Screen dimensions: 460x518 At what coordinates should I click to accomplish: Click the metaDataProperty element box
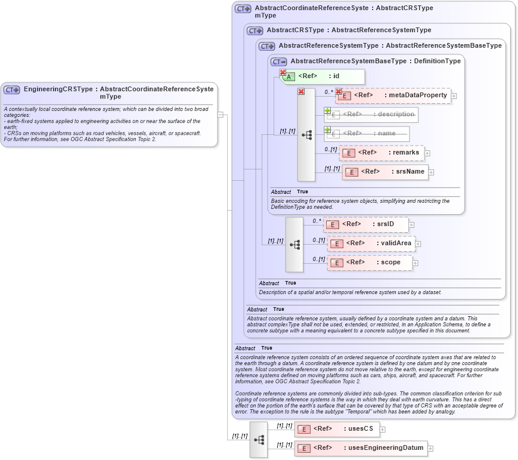point(393,95)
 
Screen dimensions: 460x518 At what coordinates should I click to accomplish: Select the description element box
point(371,115)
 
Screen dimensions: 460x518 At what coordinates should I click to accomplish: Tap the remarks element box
point(381,153)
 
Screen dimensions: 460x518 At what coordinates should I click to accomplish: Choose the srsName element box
point(385,172)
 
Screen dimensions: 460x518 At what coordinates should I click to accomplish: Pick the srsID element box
point(366,224)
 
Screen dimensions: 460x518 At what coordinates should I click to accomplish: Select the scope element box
point(370,263)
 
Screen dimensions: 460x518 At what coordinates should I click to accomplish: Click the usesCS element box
point(337,429)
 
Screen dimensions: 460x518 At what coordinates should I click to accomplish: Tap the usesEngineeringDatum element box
point(361,448)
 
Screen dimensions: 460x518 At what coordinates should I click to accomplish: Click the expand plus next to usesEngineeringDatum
point(430,449)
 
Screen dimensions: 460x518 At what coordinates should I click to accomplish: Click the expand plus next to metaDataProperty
point(454,95)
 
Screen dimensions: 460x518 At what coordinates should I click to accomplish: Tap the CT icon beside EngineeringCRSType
point(12,89)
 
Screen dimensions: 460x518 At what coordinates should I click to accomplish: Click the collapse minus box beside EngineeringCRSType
point(221,115)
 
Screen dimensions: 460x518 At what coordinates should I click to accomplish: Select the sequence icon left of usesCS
point(259,440)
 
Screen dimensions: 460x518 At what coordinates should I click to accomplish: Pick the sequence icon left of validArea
point(294,245)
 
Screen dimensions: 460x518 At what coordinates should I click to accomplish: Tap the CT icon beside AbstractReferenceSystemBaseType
point(279,61)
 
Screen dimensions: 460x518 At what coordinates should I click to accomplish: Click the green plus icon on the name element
point(327,129)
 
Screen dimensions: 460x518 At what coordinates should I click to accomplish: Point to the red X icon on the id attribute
point(283,73)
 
